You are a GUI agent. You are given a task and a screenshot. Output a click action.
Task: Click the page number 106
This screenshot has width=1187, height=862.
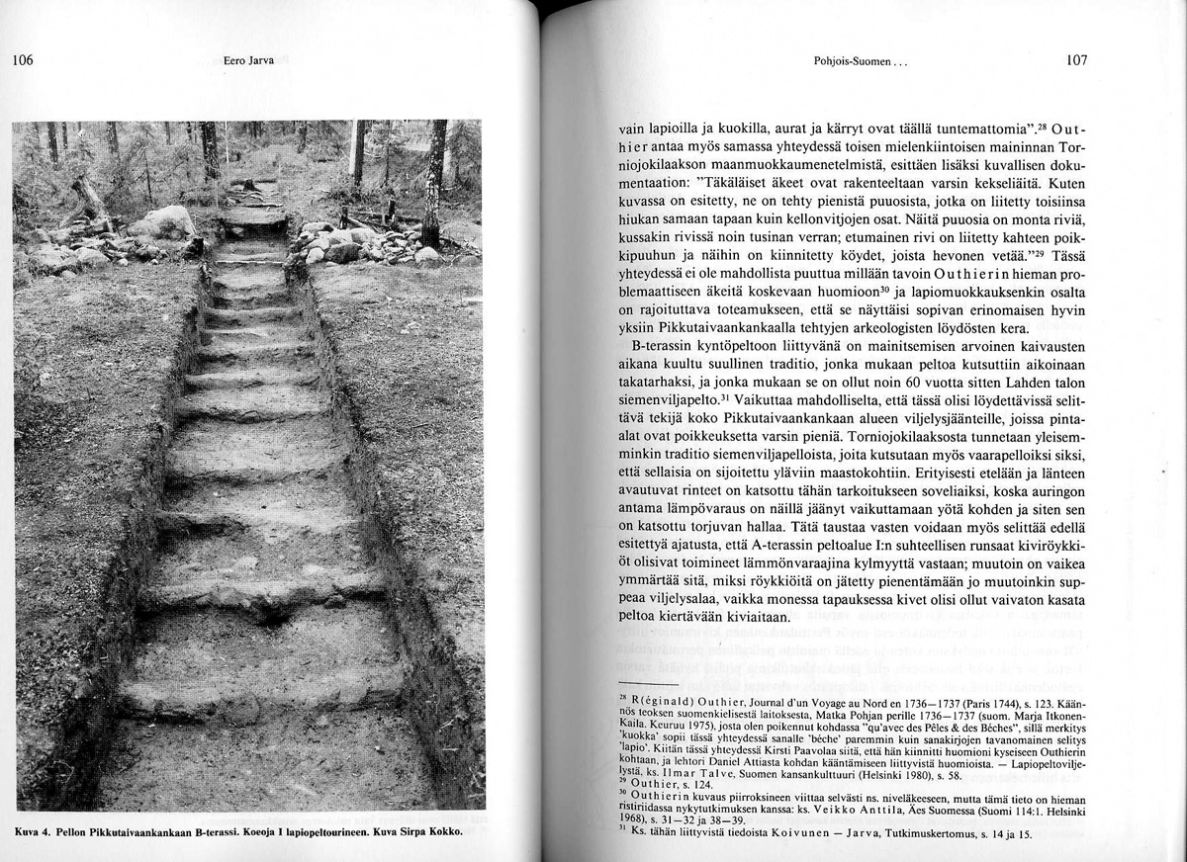tap(23, 60)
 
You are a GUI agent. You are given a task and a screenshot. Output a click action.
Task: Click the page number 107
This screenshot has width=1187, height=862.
tap(1077, 60)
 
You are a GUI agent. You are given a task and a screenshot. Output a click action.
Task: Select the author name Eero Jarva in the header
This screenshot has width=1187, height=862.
tap(242, 61)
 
